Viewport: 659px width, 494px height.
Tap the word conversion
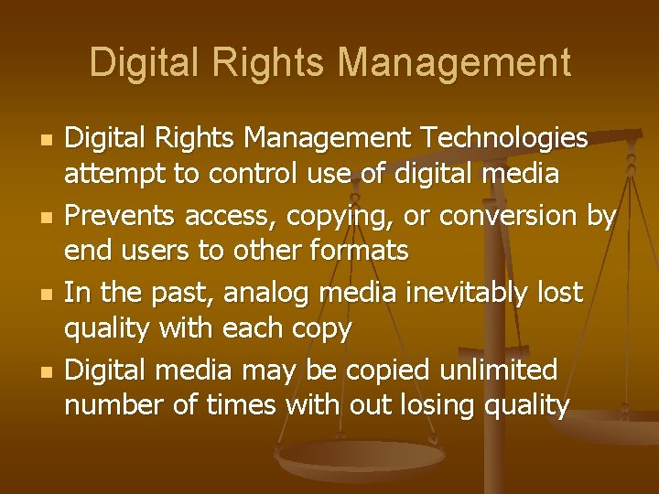point(509,216)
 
